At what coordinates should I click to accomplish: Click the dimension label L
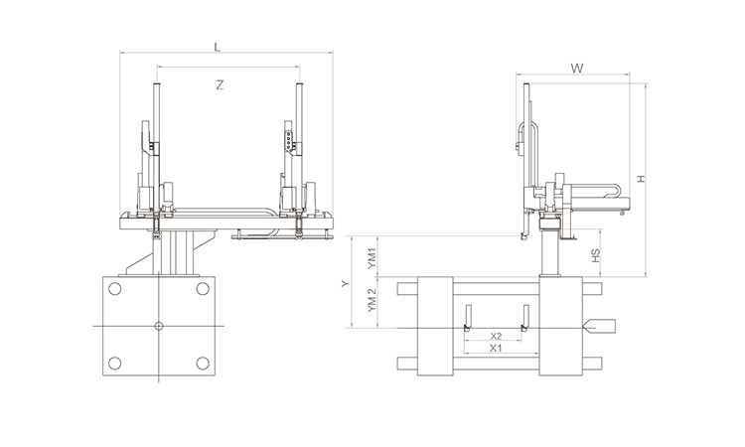pos(218,46)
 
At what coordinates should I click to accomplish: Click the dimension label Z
pos(220,85)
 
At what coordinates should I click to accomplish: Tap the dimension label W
pos(576,69)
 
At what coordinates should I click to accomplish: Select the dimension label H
pos(641,179)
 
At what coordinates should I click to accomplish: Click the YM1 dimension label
pos(372,256)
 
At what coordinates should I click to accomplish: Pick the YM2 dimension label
pos(372,301)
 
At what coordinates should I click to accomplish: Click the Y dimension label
pos(345,283)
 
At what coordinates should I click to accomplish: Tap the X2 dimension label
pos(496,336)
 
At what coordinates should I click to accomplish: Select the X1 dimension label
pos(496,349)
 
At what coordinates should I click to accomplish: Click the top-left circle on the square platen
pos(115,289)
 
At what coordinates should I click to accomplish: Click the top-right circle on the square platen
pos(203,289)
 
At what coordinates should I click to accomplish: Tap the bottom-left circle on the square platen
pos(115,363)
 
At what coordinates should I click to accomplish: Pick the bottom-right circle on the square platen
pos(203,363)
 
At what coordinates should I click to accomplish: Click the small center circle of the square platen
pos(159,326)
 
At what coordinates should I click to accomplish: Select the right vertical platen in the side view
pos(559,325)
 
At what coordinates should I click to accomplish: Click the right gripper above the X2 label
pos(526,321)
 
